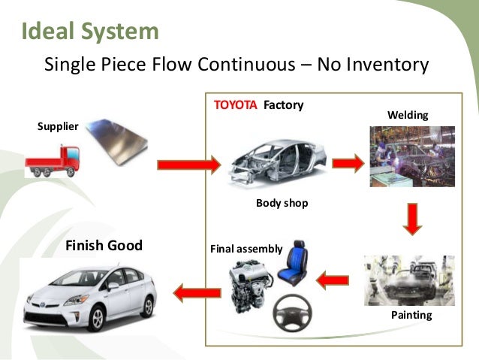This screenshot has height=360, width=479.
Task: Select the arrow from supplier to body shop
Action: pyautogui.click(x=188, y=163)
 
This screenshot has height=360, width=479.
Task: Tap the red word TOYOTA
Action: pyautogui.click(x=236, y=105)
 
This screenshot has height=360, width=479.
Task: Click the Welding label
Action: pyautogui.click(x=407, y=115)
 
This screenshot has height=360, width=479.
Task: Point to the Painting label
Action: pyautogui.click(x=411, y=315)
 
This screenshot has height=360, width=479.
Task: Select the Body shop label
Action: pyautogui.click(x=282, y=203)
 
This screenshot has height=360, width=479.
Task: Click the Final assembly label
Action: pyautogui.click(x=246, y=248)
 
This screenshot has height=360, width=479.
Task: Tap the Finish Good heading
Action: pyautogui.click(x=104, y=246)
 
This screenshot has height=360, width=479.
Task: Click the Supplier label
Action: pyautogui.click(x=58, y=126)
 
